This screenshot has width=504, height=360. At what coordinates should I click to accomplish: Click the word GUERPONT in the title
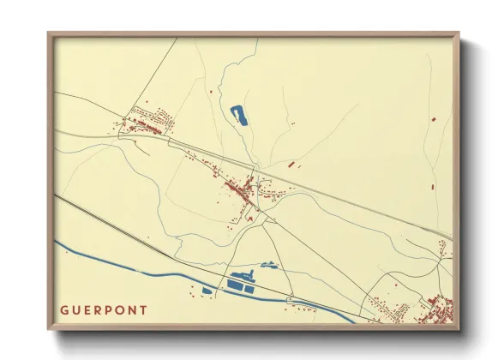[104, 309]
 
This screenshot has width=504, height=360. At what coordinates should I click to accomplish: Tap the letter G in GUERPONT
[64, 309]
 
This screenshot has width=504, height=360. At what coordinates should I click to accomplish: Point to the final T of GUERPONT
[143, 309]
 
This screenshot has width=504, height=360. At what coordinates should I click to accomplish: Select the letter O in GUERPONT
[120, 309]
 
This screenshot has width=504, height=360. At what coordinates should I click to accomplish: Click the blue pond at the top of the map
[238, 114]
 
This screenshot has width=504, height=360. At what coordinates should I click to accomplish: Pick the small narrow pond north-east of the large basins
[270, 266]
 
